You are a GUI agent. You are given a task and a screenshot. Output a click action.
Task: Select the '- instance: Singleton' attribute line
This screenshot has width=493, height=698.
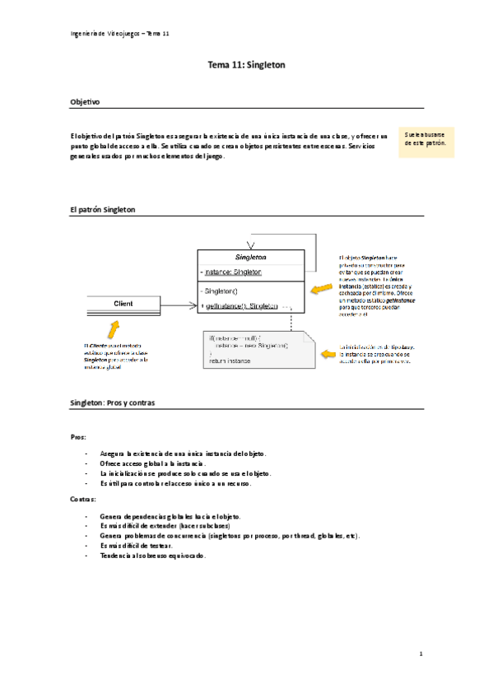(233, 272)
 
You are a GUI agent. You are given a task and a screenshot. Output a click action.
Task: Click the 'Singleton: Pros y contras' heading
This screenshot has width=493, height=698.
(113, 403)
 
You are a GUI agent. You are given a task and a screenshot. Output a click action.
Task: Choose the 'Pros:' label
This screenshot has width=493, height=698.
(78, 438)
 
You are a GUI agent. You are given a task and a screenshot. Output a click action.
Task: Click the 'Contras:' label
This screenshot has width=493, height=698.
(82, 499)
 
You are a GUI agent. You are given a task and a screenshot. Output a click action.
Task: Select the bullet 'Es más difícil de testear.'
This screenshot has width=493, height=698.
(137, 545)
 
